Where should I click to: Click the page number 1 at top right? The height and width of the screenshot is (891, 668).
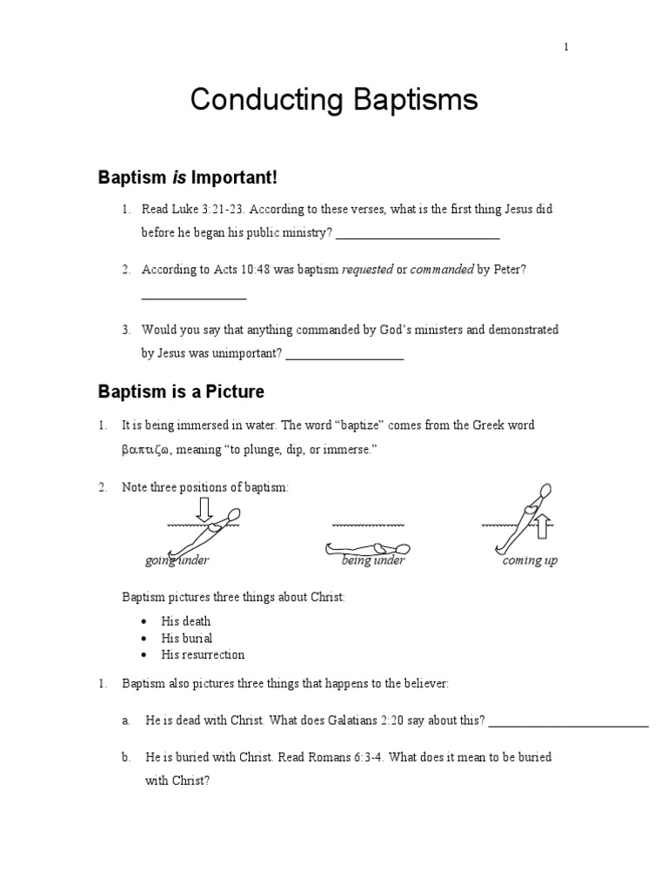click(x=566, y=47)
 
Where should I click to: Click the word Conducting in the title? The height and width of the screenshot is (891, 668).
click(x=260, y=101)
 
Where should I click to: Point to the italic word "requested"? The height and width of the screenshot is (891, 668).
click(x=367, y=270)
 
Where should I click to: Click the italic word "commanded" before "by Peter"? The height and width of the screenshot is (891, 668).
click(x=441, y=270)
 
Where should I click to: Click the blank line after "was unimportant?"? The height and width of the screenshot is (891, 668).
click(x=344, y=354)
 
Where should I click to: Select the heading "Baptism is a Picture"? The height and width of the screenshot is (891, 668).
click(x=181, y=392)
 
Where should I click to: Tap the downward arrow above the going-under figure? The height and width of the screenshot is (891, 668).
click(x=204, y=510)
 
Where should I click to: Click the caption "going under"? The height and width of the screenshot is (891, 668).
click(x=177, y=560)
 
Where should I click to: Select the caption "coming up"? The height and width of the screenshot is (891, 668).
click(x=530, y=560)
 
